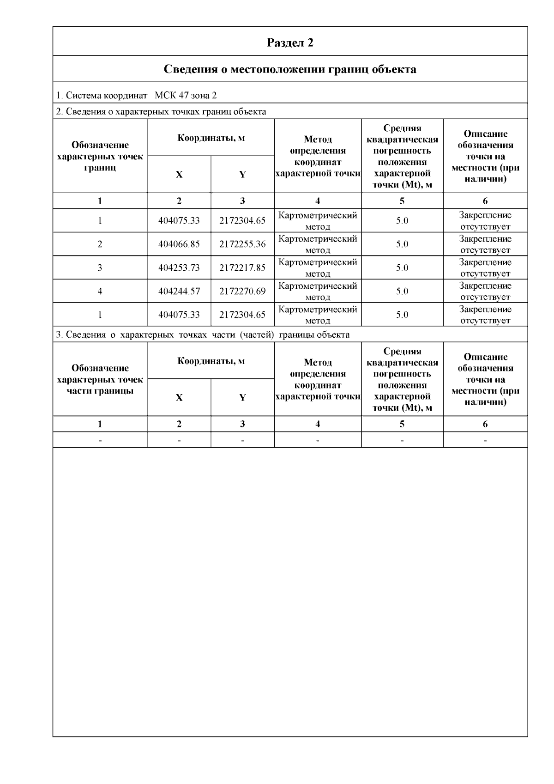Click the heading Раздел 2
(290, 43)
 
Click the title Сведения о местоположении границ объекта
(290, 69)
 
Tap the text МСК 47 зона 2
(186, 96)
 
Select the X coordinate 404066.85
(179, 244)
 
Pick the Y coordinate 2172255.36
(242, 244)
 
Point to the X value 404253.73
(179, 268)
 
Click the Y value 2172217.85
(242, 268)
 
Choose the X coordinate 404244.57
(179, 292)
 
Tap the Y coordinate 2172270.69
(242, 292)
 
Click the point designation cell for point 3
(100, 268)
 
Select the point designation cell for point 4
(100, 292)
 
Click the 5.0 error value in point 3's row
(402, 268)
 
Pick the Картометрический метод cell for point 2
(318, 244)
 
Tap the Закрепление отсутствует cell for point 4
(485, 292)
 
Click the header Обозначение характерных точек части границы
(100, 379)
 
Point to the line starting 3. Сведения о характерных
(203, 334)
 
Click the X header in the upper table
(179, 175)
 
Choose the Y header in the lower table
(242, 398)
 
